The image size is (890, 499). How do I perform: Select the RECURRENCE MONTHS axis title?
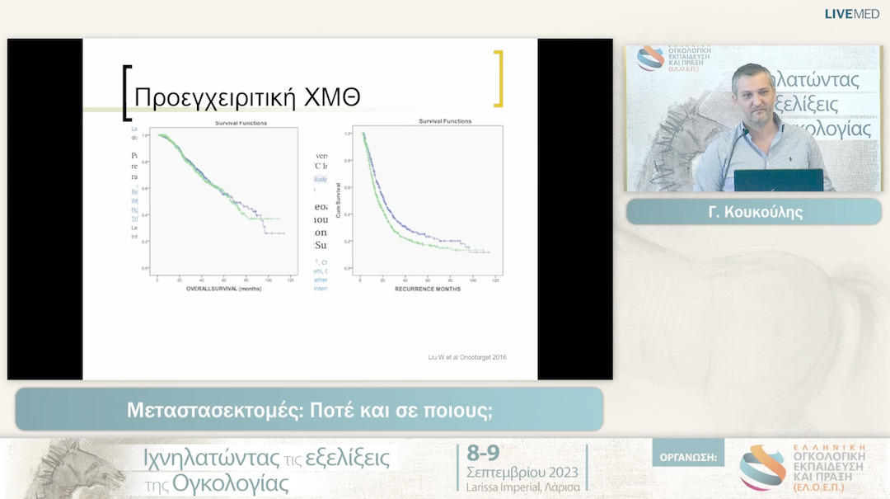(x=427, y=289)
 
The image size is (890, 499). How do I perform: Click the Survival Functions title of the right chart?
(x=445, y=121)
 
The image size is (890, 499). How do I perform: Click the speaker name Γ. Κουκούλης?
(x=754, y=212)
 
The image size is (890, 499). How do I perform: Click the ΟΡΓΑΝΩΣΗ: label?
(x=688, y=456)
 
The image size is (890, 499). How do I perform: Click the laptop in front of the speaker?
(x=778, y=180)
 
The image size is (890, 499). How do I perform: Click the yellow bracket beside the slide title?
(x=497, y=79)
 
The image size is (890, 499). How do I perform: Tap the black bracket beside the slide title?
(x=126, y=92)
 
